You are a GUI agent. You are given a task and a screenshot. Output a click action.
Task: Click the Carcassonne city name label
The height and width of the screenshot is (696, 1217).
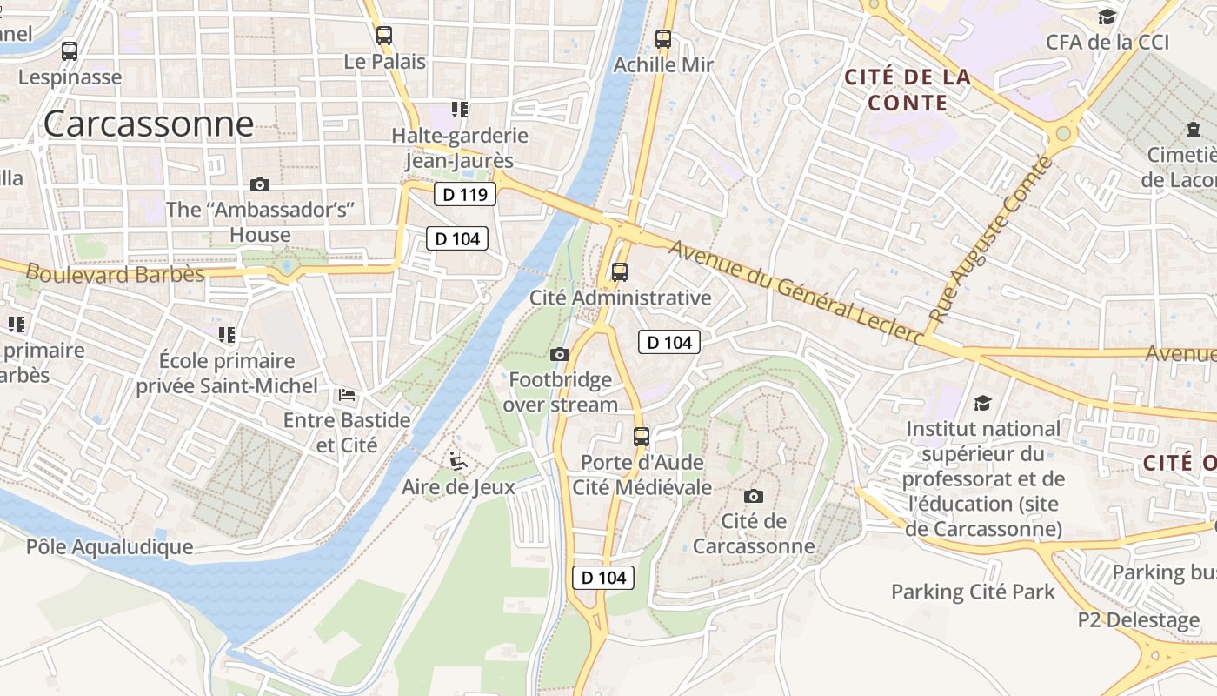(148, 124)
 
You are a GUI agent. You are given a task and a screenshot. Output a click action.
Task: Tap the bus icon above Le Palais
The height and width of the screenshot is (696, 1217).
(383, 36)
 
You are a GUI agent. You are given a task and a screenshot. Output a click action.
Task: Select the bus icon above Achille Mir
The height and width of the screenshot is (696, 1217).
(663, 39)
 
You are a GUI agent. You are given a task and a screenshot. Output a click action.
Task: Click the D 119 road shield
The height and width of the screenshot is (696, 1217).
(464, 194)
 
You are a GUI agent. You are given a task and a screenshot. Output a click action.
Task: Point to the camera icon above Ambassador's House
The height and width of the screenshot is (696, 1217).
(259, 184)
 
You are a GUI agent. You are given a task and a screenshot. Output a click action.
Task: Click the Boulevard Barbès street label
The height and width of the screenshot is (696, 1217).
(115, 273)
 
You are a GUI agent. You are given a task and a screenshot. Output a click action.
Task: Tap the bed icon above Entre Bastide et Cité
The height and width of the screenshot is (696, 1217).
(346, 395)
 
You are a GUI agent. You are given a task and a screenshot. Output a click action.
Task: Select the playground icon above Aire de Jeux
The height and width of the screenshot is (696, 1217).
(458, 461)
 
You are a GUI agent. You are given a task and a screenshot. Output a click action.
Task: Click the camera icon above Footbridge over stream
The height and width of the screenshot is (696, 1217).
(560, 354)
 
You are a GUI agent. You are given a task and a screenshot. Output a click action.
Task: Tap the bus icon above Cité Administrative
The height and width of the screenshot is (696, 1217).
(620, 271)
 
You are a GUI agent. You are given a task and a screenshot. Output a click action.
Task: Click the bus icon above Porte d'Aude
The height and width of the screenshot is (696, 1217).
(641, 436)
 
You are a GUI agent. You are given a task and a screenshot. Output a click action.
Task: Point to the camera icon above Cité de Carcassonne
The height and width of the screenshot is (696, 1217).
(754, 496)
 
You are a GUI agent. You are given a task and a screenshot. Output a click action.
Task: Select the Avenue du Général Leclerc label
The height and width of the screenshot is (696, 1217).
(795, 292)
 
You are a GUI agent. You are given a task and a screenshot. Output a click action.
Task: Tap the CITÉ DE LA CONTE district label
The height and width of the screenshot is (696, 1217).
(908, 90)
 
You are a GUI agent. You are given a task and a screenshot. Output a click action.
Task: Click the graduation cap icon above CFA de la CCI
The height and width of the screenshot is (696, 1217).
(1107, 17)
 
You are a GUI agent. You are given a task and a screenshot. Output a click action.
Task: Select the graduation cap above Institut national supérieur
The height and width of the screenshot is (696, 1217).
(982, 403)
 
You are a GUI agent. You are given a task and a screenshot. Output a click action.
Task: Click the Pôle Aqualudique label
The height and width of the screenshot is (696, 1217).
(110, 546)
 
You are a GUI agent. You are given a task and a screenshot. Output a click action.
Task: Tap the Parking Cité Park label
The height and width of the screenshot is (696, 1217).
(973, 592)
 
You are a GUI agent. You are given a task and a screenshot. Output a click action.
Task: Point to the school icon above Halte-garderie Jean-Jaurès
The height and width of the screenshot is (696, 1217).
(459, 110)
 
